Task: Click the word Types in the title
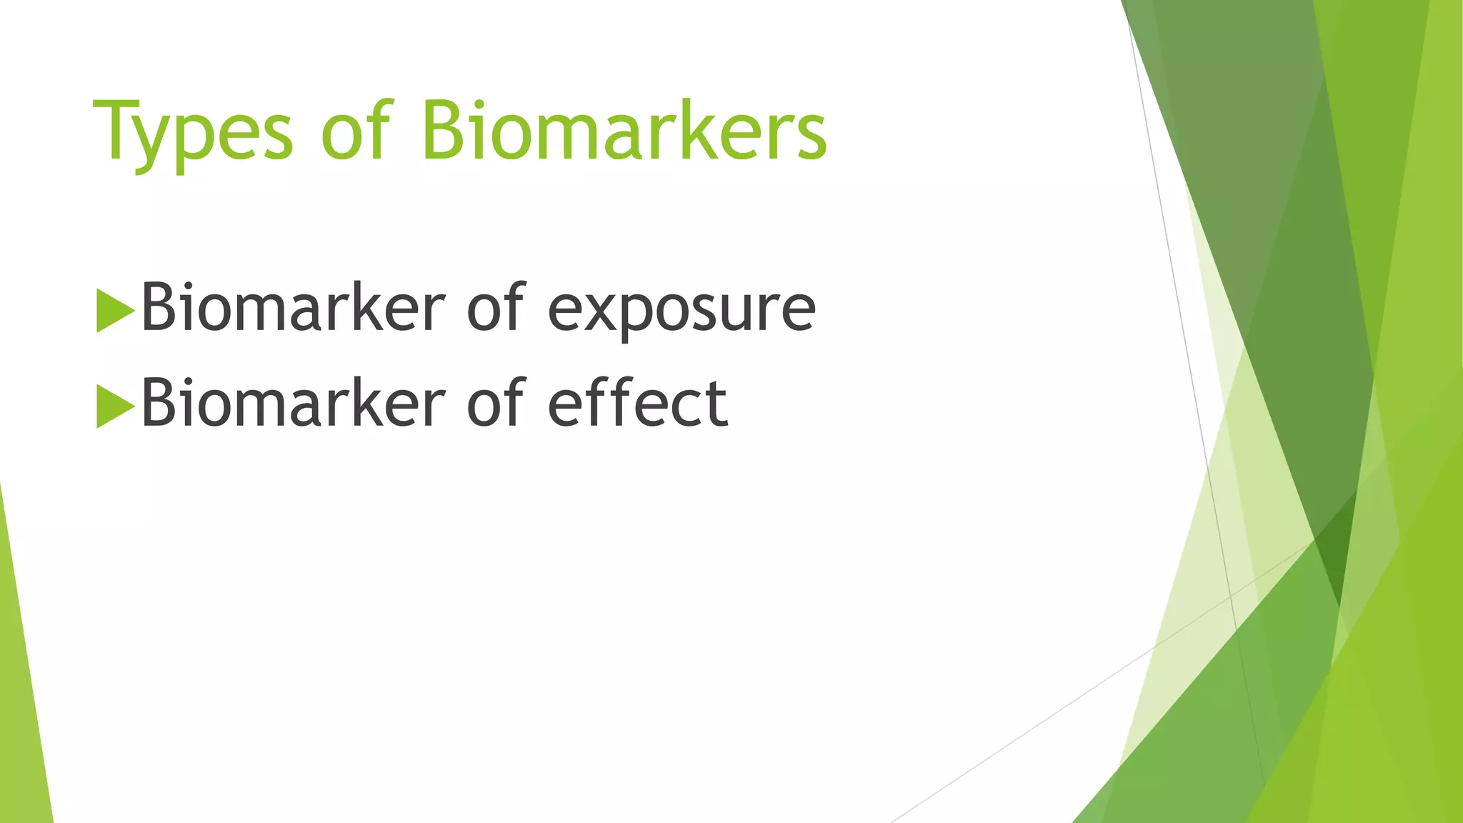tap(193, 132)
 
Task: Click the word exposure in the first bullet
tap(681, 309)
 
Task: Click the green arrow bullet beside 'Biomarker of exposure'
tap(114, 310)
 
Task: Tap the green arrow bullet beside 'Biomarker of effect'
tap(114, 406)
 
